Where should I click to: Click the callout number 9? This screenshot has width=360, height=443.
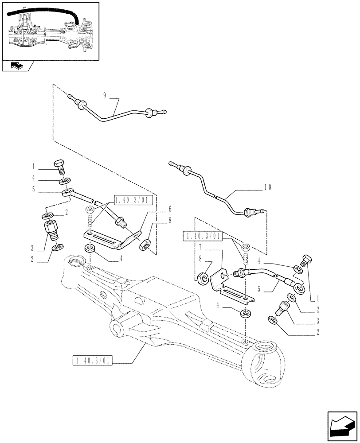tap(105, 95)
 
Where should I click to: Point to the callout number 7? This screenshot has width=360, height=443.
tap(200, 245)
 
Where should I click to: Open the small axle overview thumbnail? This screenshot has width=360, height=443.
tap(50, 30)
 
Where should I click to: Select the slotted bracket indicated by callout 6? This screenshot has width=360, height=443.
tap(106, 240)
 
